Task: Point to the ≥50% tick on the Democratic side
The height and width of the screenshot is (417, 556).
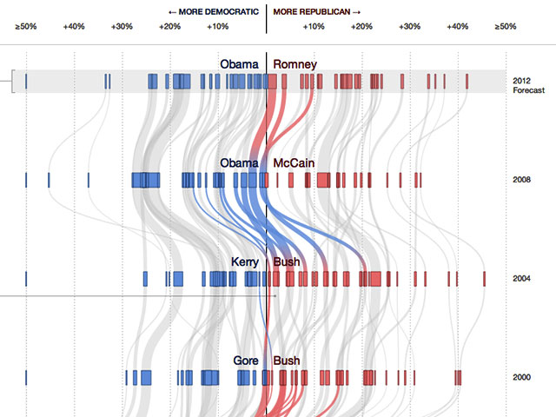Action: [x=26, y=27]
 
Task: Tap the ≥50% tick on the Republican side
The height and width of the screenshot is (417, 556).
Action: [x=505, y=27]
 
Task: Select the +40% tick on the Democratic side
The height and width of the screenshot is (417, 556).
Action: [x=74, y=27]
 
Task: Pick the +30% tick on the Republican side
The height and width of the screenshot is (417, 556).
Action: [x=409, y=27]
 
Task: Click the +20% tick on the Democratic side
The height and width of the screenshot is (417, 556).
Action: [x=170, y=27]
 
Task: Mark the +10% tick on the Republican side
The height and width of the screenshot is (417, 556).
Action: [x=314, y=27]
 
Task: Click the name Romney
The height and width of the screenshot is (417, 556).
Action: [x=295, y=64]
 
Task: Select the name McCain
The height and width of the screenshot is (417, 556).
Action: [x=295, y=163]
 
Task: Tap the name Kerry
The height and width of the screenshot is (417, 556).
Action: [x=245, y=261]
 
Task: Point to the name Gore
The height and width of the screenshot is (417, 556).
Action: [x=247, y=360]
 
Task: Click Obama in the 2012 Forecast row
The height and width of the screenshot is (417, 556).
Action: [x=239, y=64]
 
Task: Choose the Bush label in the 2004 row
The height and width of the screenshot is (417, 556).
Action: [x=287, y=261]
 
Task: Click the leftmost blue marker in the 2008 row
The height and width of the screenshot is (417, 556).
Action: [x=26, y=180]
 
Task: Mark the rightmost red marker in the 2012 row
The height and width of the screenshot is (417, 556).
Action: [x=467, y=82]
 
